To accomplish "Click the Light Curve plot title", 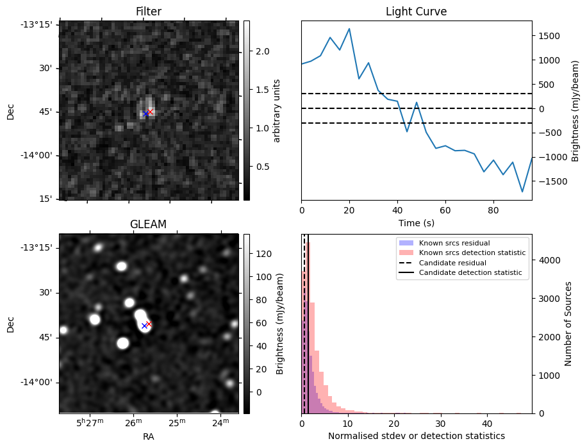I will pos(416,12).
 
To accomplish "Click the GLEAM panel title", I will pos(148,224).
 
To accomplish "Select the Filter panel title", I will pos(148,12).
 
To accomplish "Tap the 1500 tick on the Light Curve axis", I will pos(553,36).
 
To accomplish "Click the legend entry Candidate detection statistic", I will pos(470,273).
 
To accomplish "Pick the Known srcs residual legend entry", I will pos(454,243).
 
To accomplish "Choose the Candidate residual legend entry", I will pos(452,263).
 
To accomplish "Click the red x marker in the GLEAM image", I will pos(149,324).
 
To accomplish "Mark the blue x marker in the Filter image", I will pos(145,113).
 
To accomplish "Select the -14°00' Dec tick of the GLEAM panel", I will pos(39,382).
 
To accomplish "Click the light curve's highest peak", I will pos(349,29).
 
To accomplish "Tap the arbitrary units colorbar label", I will pos(277,110).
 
